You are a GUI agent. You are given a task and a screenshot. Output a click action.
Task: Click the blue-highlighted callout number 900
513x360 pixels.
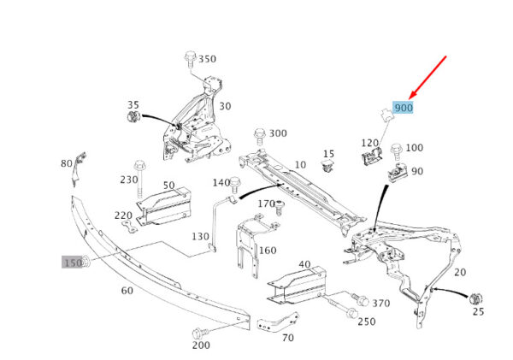click(404, 109)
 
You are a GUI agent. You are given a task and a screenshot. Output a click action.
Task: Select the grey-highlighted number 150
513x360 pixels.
click(73, 263)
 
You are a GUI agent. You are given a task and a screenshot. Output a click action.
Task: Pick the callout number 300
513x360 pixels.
click(278, 133)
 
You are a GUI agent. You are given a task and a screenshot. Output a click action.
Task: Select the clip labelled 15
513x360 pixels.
click(328, 166)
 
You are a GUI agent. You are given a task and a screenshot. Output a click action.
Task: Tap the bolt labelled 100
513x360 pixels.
click(396, 151)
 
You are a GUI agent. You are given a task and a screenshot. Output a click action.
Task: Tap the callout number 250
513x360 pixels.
click(366, 322)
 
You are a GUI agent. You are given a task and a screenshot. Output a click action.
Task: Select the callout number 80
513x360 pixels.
click(67, 162)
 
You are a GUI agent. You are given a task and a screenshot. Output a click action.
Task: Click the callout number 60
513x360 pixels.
click(127, 291)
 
